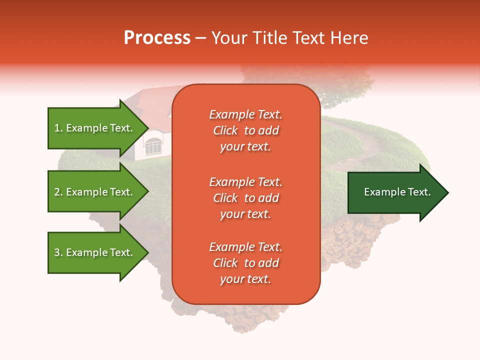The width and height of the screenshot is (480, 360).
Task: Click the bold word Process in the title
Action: tap(157, 38)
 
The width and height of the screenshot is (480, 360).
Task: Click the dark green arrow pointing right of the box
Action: tap(395, 192)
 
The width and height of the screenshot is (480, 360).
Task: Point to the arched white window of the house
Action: tap(153, 145)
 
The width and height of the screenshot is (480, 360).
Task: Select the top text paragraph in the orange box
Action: tap(245, 130)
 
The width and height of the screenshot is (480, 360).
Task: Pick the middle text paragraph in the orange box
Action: tap(245, 198)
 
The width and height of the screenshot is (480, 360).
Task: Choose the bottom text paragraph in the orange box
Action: tap(245, 263)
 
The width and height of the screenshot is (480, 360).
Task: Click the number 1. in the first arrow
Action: tap(58, 128)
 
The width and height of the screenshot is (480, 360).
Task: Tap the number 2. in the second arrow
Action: tap(58, 192)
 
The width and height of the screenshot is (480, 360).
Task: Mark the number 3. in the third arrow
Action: tap(58, 252)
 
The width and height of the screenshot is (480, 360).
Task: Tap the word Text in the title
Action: tap(308, 38)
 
